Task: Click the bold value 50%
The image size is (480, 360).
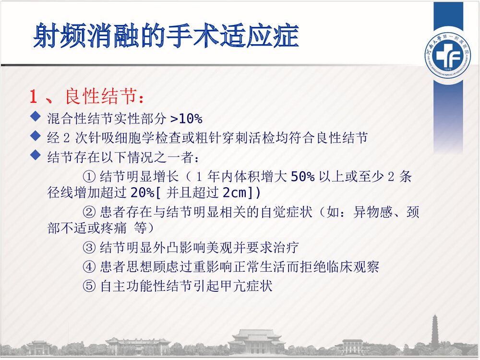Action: [x=302, y=177]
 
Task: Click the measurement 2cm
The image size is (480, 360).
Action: [x=234, y=192]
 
